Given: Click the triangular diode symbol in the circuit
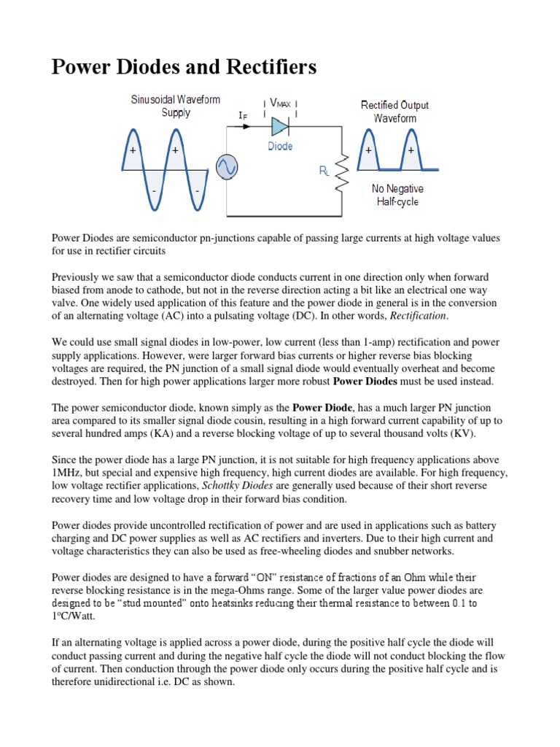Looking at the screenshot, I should tap(280, 126).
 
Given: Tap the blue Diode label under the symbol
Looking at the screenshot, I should tap(279, 147).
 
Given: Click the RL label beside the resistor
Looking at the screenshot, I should tap(324, 171).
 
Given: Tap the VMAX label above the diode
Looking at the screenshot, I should tap(280, 104).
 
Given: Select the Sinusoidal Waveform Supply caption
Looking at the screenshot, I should tap(176, 106).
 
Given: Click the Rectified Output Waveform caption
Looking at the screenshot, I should tap(395, 111).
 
